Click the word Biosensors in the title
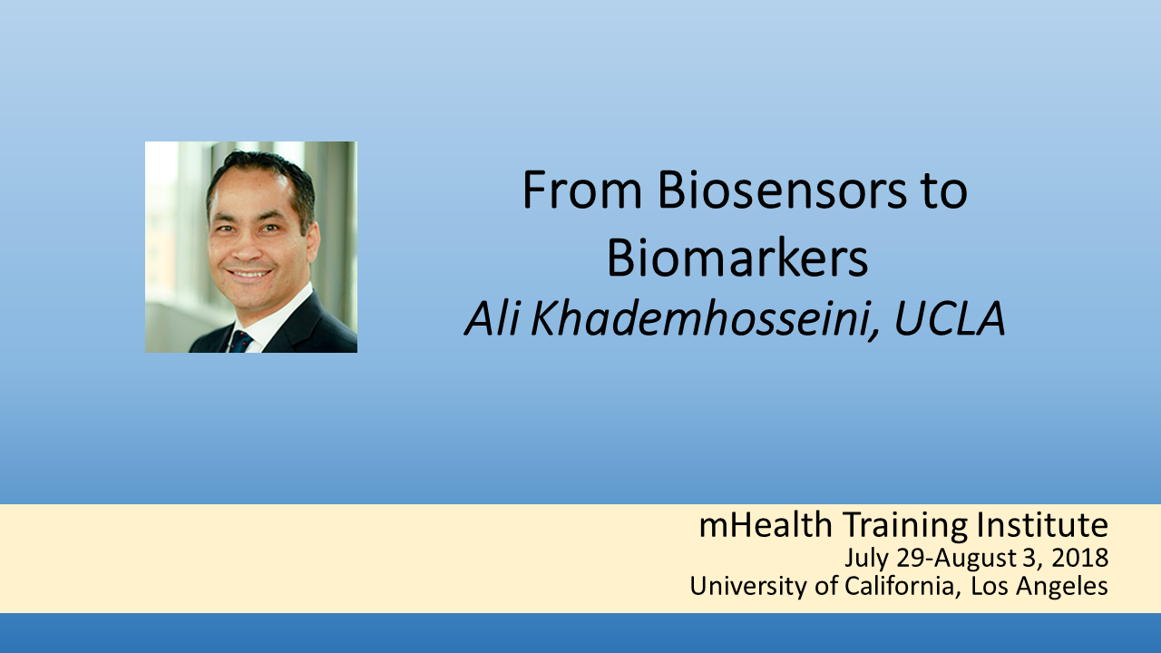(782, 190)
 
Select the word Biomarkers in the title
(737, 258)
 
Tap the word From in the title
(582, 190)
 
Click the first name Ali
(492, 318)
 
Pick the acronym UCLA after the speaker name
(950, 318)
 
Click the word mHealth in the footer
(766, 524)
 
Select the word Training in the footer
(906, 525)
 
